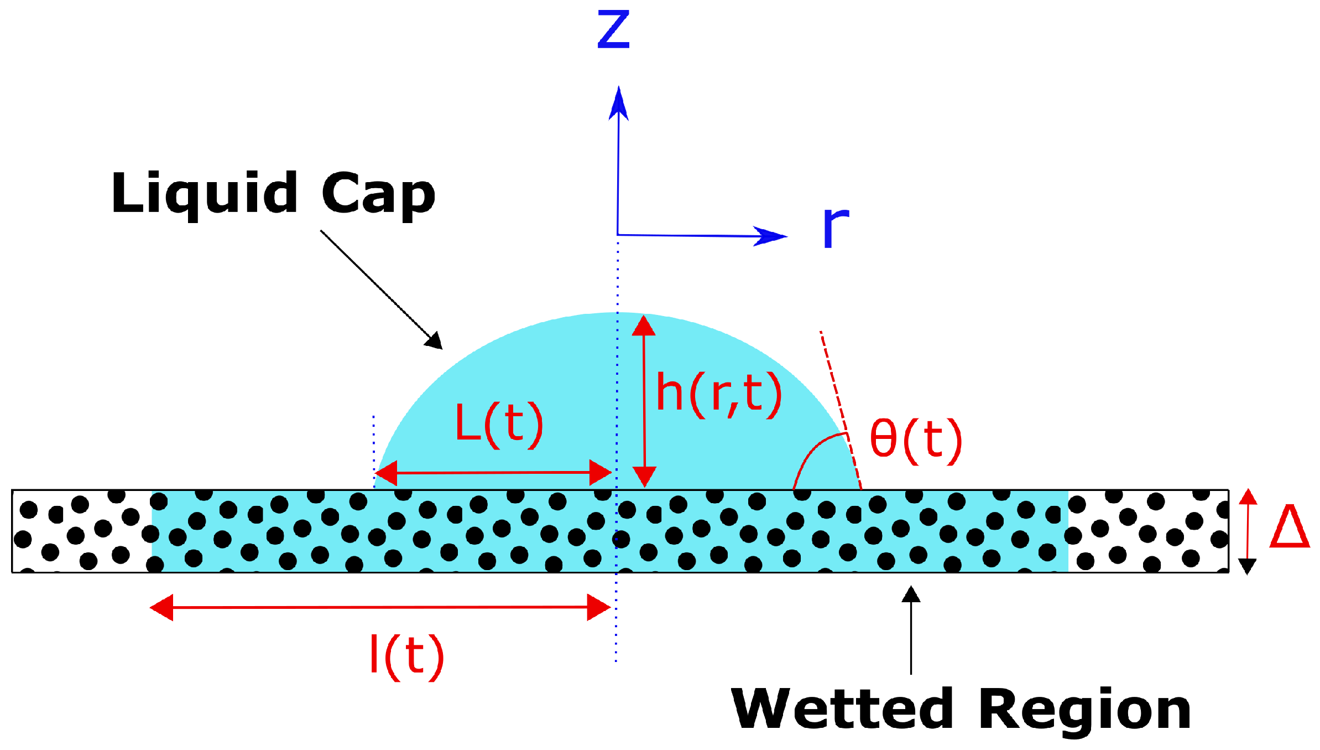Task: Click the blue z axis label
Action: point(613,30)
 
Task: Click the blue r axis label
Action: point(835,227)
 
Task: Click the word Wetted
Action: point(842,709)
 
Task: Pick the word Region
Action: point(1084,710)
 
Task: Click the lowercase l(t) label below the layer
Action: point(406,656)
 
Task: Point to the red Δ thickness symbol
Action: point(1289,526)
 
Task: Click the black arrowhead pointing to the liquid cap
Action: point(435,341)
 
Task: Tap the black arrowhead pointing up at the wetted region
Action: point(911,595)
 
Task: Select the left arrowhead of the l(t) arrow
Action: point(161,608)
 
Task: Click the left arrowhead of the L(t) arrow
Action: point(386,473)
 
